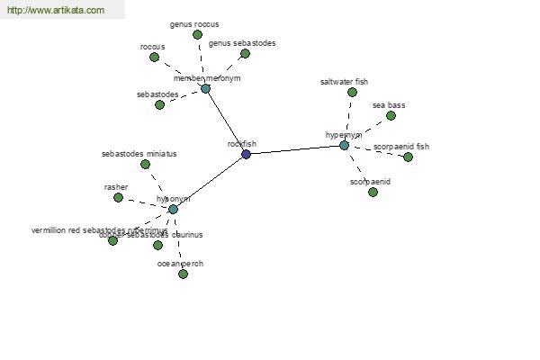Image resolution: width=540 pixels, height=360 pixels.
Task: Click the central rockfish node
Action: click(246, 154)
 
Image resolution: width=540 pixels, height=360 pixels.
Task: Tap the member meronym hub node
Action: click(205, 88)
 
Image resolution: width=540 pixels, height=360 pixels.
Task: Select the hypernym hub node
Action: click(344, 145)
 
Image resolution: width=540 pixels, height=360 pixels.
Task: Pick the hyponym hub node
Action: click(173, 209)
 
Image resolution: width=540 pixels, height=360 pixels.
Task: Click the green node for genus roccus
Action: click(197, 34)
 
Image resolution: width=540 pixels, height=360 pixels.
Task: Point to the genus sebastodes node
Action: click(245, 53)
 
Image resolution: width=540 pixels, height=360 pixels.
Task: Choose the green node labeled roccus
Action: click(154, 57)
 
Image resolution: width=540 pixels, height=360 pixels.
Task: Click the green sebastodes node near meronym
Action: click(159, 104)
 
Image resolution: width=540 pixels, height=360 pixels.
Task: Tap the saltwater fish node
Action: click(352, 92)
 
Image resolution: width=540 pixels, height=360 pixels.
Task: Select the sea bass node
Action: click(391, 115)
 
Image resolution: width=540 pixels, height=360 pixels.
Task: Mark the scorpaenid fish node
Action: click(408, 157)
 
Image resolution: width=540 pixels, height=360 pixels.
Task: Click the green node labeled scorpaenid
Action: click(373, 192)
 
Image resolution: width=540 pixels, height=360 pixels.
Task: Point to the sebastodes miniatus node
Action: click(142, 164)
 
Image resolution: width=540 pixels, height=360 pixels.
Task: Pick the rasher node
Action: click(118, 197)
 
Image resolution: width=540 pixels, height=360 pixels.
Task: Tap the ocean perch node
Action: click(183, 274)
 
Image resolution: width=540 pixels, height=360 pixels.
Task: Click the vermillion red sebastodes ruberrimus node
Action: click(112, 240)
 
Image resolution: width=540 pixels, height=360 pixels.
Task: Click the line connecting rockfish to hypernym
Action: click(295, 149)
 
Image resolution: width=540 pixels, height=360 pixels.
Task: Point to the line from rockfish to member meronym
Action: click(225, 121)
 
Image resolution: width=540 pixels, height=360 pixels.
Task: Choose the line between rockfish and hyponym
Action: click(209, 182)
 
